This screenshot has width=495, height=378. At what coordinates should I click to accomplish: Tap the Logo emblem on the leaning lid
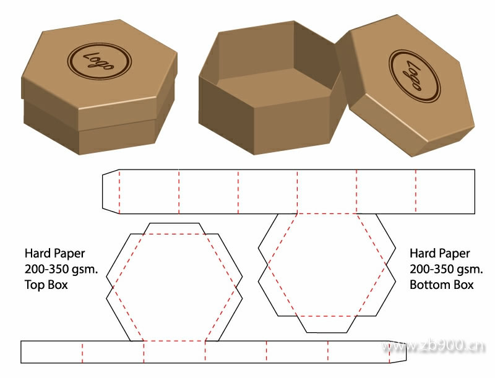pyautogui.click(x=414, y=75)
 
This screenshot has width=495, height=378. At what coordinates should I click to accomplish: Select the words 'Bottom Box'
pyautogui.click(x=441, y=285)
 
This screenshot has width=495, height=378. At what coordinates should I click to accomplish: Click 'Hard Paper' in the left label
pyautogui.click(x=55, y=254)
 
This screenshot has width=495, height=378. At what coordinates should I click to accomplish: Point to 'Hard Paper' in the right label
pyautogui.click(x=440, y=254)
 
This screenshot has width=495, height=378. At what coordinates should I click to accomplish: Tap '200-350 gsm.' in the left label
pyautogui.click(x=61, y=270)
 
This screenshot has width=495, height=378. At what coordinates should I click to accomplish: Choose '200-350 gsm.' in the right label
pyautogui.click(x=446, y=270)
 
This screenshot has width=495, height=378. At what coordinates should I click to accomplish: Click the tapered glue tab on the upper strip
pyautogui.click(x=110, y=191)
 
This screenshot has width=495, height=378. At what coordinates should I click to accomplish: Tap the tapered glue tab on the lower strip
pyautogui.click(x=397, y=351)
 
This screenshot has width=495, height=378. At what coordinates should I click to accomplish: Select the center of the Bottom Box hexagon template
pyautogui.click(x=327, y=265)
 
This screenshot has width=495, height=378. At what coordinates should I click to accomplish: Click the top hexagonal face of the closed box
pyautogui.click(x=99, y=62)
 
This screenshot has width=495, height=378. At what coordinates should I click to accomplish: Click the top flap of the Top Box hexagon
pyautogui.click(x=174, y=228)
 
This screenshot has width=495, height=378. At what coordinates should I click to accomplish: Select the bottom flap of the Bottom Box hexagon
pyautogui.click(x=327, y=324)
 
